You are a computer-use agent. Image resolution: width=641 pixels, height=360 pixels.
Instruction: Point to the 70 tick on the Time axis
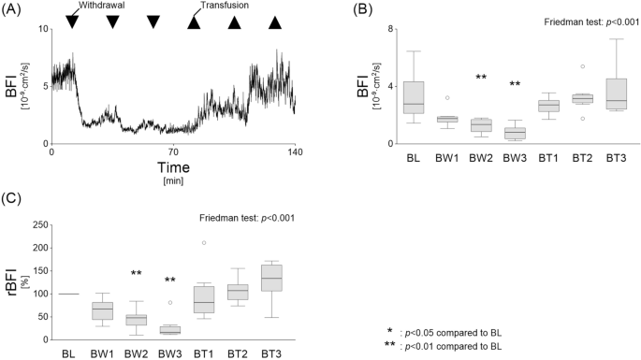173,152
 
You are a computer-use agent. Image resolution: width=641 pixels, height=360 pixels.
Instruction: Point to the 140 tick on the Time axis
294,152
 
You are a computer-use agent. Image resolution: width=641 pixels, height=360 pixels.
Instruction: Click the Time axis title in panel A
172,166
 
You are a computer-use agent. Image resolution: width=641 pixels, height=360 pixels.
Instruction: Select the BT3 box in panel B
615,94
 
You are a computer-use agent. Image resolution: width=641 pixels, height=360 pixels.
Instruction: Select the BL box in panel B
414,97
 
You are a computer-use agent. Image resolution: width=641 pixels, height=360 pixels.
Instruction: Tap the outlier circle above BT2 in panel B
582,66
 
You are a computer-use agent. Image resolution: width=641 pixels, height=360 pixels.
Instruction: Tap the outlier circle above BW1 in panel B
447,97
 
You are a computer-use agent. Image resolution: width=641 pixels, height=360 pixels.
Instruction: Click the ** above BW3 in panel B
515,85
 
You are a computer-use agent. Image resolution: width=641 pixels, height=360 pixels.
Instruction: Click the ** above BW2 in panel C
137,273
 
